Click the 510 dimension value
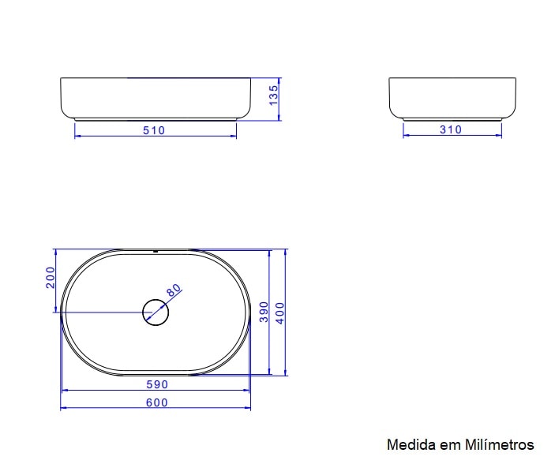tap(154, 130)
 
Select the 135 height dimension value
tap(273, 95)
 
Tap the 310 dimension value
tap(451, 129)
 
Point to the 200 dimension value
tap(51, 278)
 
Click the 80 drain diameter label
tap(174, 290)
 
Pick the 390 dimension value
tap(264, 312)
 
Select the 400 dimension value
tap(279, 312)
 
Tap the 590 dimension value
tap(156, 385)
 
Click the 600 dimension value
tap(156, 402)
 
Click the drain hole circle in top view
tap(156, 312)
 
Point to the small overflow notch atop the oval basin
tap(156, 252)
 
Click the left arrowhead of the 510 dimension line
tap(77, 136)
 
